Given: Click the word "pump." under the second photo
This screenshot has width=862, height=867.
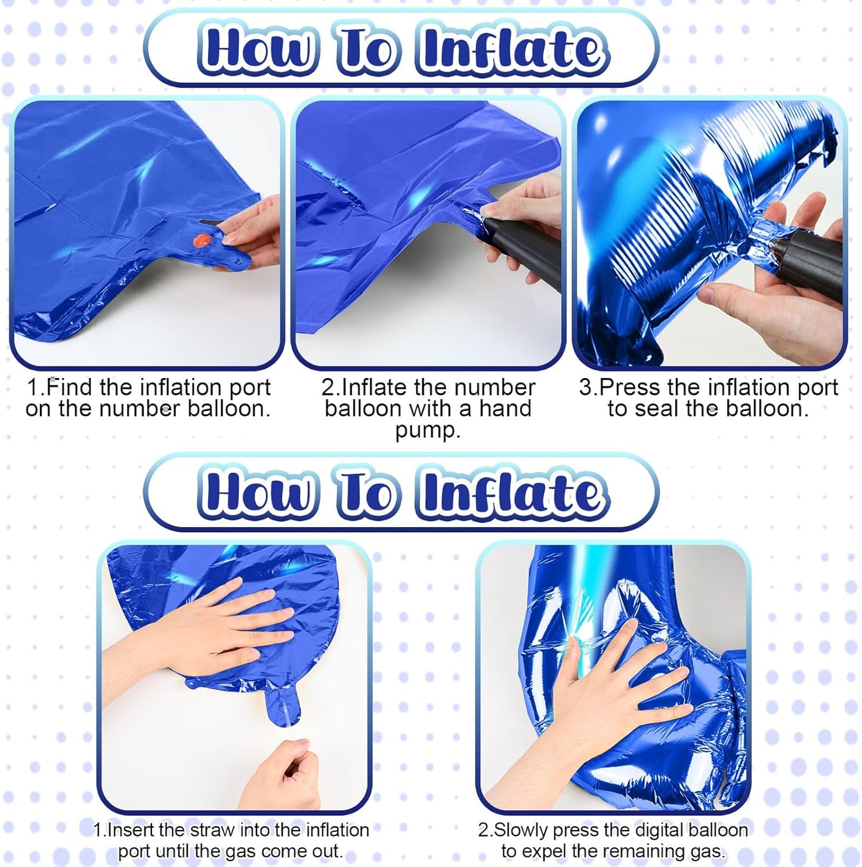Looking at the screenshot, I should tap(428, 431).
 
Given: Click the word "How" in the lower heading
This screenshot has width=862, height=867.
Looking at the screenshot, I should tap(257, 494).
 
